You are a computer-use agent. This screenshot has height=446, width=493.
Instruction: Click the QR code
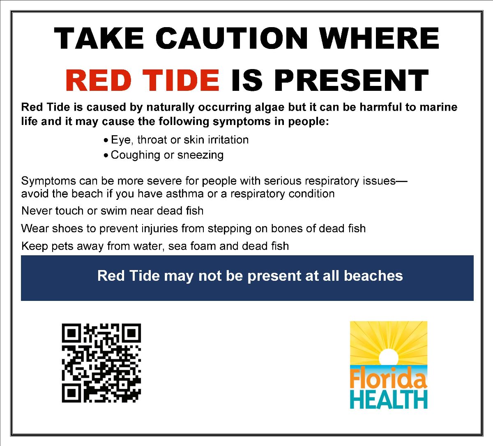(x=101, y=363)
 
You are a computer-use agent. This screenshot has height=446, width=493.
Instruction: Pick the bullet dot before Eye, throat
(x=106, y=141)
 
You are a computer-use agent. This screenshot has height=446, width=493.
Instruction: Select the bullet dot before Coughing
(x=106, y=155)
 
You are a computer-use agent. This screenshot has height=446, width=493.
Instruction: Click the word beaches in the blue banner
(x=373, y=275)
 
